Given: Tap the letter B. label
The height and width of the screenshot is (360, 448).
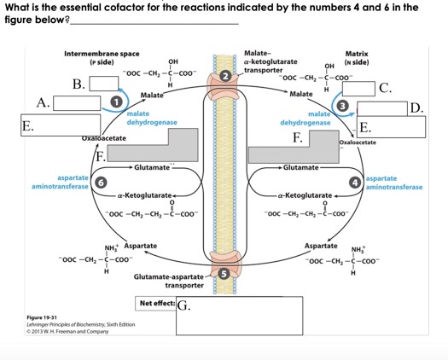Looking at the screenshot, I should (x=79, y=84).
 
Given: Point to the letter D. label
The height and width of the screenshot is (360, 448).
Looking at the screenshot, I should (x=416, y=108).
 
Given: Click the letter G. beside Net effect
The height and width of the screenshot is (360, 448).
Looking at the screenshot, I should (x=185, y=307).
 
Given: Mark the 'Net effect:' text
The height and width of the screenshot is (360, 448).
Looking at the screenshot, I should (x=156, y=305).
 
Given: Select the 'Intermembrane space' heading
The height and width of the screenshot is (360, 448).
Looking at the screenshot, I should (x=102, y=54).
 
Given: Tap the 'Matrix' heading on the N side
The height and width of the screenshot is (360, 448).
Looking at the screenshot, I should (x=357, y=54).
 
